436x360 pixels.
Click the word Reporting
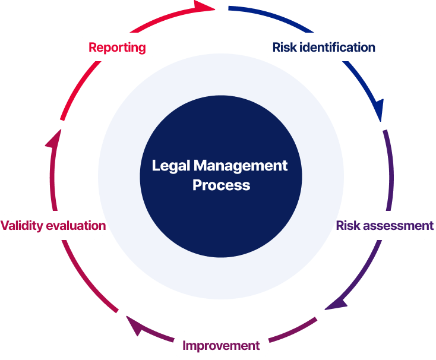(117, 48)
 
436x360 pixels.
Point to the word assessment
(398, 226)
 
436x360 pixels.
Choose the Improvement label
(221, 345)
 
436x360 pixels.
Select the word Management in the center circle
(241, 165)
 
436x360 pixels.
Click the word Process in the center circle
(221, 185)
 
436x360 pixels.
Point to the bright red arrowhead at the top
(205, 7)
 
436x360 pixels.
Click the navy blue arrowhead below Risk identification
(378, 110)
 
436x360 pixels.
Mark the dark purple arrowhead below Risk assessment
(336, 304)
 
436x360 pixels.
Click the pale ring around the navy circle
(119, 178)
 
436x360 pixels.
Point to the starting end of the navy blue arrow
(230, 8)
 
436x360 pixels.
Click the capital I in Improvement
(185, 345)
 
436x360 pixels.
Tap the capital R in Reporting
(93, 48)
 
